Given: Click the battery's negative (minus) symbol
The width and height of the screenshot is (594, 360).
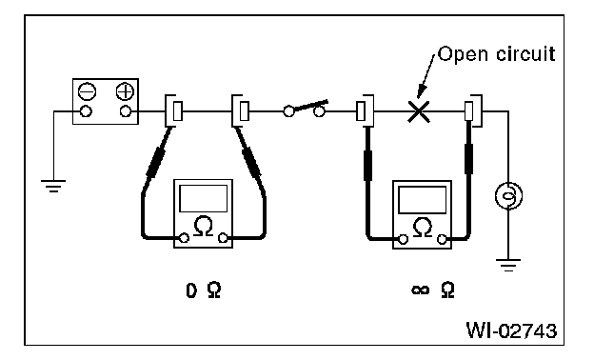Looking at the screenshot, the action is click(x=87, y=91).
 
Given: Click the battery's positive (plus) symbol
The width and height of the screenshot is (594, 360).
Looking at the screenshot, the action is click(x=125, y=91).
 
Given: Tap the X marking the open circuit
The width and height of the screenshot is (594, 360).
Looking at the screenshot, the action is click(x=419, y=111).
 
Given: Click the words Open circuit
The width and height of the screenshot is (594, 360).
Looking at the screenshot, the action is click(x=496, y=54).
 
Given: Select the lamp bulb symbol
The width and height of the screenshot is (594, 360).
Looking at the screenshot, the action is click(x=508, y=195).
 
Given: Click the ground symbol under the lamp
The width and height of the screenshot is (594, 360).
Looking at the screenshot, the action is click(x=508, y=265).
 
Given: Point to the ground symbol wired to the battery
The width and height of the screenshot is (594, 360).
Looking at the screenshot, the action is click(x=53, y=186).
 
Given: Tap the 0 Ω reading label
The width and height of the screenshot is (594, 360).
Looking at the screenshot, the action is click(x=204, y=290).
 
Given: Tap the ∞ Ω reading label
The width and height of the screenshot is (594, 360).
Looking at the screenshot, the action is click(x=432, y=290).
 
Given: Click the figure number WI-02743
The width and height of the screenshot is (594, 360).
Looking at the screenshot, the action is click(x=511, y=330).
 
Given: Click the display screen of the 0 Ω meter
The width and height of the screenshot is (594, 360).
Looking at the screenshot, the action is click(x=204, y=198).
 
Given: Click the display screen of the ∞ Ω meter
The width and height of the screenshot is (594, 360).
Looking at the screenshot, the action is click(x=423, y=200).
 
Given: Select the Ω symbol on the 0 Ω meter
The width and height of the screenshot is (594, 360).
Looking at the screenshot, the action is click(x=204, y=227).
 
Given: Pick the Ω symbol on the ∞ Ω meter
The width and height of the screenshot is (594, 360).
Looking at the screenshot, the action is click(x=423, y=228).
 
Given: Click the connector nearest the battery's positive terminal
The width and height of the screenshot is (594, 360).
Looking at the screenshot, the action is click(x=174, y=110).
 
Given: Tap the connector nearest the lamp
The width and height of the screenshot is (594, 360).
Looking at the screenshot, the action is click(x=473, y=110).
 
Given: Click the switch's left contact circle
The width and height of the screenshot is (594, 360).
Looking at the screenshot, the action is click(x=288, y=111).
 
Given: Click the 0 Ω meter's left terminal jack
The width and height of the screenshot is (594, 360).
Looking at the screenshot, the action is click(x=184, y=238).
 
